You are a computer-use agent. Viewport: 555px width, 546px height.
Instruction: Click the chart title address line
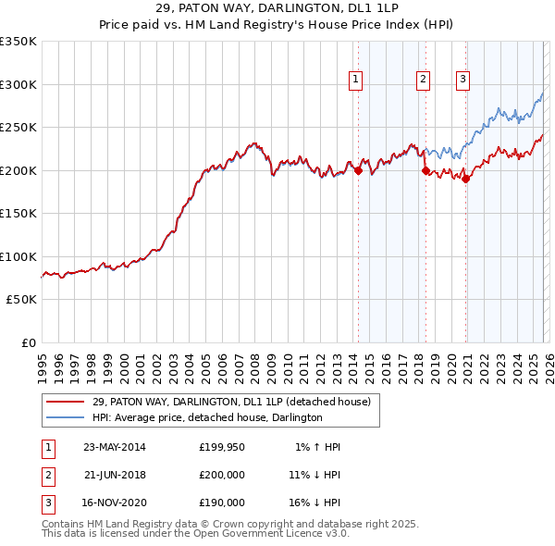[277, 8]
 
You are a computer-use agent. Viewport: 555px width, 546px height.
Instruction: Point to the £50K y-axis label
[22, 300]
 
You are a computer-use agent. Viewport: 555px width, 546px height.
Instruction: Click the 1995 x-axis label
[42, 360]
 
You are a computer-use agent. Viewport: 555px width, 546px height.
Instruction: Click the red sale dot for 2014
[358, 170]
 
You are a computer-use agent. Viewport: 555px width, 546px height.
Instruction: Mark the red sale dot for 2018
[425, 170]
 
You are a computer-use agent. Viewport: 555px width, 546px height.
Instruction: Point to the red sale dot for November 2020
[465, 180]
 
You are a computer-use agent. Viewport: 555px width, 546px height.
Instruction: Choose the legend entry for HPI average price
[207, 417]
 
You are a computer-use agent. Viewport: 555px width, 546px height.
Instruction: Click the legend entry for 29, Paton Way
[231, 402]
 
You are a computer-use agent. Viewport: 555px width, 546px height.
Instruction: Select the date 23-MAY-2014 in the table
[115, 447]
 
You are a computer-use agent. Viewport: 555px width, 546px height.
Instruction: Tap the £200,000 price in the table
[222, 475]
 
